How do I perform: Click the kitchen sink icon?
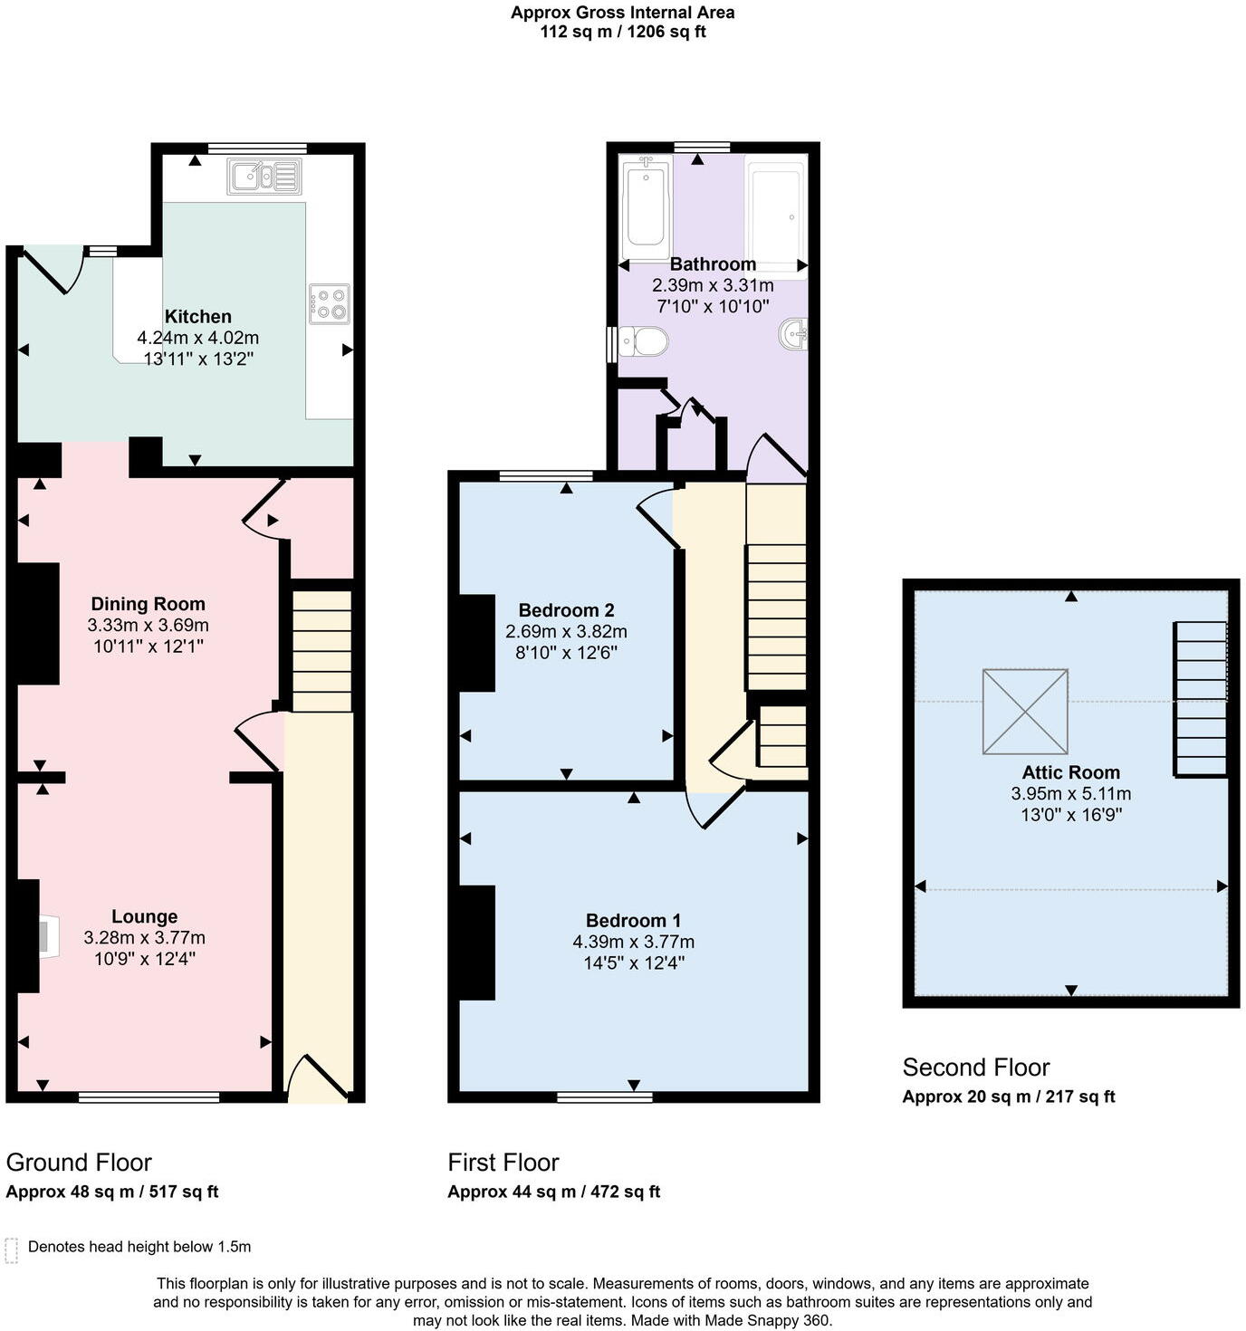pyautogui.click(x=264, y=176)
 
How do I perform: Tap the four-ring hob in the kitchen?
pyautogui.click(x=329, y=303)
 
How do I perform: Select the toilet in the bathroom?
pyautogui.click(x=644, y=342)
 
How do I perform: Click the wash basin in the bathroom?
pyautogui.click(x=793, y=334)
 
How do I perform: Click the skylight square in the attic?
pyautogui.click(x=1025, y=711)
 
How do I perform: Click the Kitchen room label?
pyautogui.click(x=197, y=317)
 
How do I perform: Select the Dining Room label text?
pyautogui.click(x=148, y=604)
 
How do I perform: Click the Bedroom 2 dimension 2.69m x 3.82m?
pyautogui.click(x=566, y=632)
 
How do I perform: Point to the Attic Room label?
pyautogui.click(x=1070, y=772)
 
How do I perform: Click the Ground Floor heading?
pyautogui.click(x=79, y=1162)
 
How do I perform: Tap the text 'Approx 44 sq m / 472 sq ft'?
pyautogui.click(x=553, y=1192)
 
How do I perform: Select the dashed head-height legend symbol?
pyautogui.click(x=12, y=1250)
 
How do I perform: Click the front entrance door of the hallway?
pyautogui.click(x=318, y=1077)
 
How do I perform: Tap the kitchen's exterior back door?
pyautogui.click(x=52, y=270)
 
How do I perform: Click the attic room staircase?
pyautogui.click(x=1201, y=698)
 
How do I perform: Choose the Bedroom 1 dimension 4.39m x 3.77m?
pyautogui.click(x=633, y=942)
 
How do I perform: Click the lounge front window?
pyautogui.click(x=149, y=1097)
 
